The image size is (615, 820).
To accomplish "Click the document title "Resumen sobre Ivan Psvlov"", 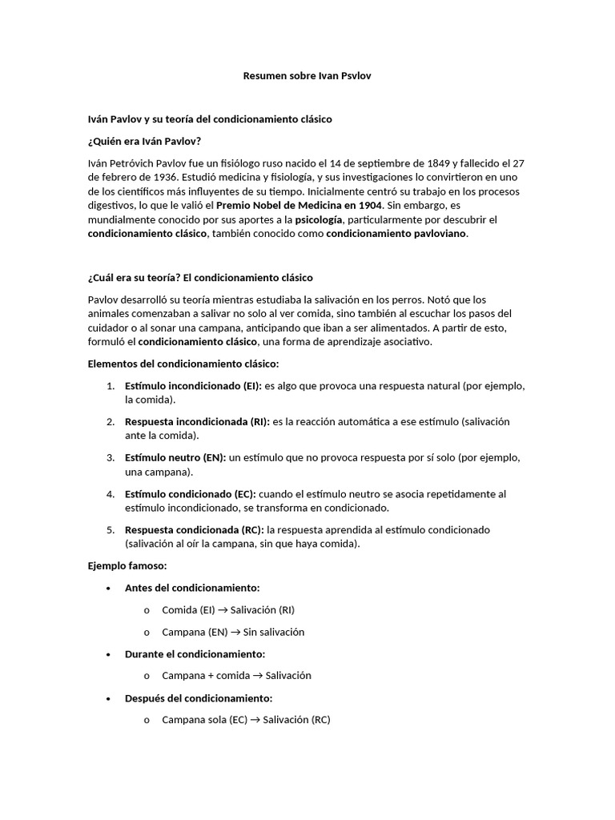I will [307, 76].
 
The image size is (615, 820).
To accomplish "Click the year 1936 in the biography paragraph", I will [164, 177].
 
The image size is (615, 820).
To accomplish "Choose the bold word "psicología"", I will [319, 219].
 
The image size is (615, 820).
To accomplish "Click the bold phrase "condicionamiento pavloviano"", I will [396, 234].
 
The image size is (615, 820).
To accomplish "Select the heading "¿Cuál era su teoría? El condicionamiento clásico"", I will [194, 277].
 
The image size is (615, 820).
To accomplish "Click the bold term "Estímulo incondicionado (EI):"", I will [193, 386].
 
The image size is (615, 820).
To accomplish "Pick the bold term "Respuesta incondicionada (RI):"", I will [197, 421].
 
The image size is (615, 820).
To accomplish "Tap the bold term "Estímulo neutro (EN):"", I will [175, 457].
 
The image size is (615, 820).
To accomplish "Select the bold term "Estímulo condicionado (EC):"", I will [190, 493].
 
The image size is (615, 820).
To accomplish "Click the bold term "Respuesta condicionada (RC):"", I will [195, 530].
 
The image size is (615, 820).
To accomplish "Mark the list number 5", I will [111, 530].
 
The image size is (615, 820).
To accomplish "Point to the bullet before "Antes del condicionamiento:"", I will [108, 588].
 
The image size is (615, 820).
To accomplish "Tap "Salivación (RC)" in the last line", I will [295, 719].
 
